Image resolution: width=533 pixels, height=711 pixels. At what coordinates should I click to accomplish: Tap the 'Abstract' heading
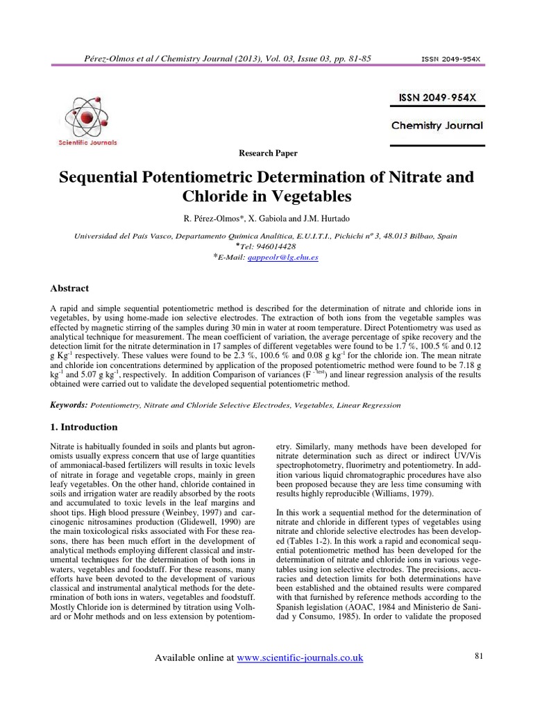[70, 287]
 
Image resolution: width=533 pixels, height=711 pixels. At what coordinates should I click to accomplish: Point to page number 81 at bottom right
[478, 655]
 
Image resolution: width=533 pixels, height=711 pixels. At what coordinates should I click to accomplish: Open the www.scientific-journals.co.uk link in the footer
[300, 658]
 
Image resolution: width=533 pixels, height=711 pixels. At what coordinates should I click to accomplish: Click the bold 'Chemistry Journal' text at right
[437, 126]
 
